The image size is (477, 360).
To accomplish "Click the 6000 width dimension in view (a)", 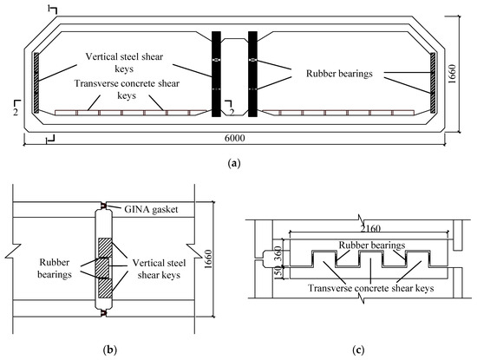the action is (x=234, y=138).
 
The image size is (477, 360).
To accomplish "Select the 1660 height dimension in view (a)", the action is (x=453, y=74).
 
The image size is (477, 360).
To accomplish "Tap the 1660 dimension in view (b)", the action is (x=208, y=259).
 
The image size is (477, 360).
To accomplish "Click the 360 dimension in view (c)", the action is (x=278, y=254).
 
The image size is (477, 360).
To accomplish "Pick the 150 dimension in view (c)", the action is (x=278, y=272).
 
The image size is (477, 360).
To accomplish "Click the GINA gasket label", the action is (x=151, y=209).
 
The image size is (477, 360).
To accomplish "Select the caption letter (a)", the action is (x=234, y=163).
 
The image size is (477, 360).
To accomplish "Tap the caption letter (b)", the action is (x=110, y=350).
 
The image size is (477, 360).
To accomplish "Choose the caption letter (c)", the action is (x=358, y=350).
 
